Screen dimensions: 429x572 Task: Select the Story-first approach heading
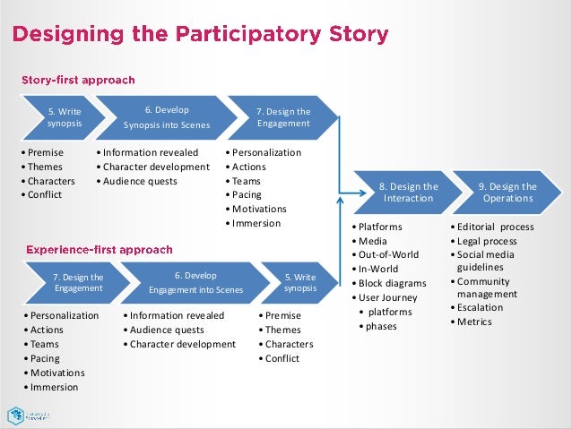[78, 80]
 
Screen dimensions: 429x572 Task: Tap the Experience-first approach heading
[100, 249]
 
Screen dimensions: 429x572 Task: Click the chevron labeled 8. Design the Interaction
[409, 193]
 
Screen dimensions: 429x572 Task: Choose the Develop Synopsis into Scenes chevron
[167, 118]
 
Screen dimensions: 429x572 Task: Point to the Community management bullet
[485, 287]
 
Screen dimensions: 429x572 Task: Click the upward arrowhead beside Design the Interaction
[340, 200]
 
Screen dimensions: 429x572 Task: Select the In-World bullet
[378, 269]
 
